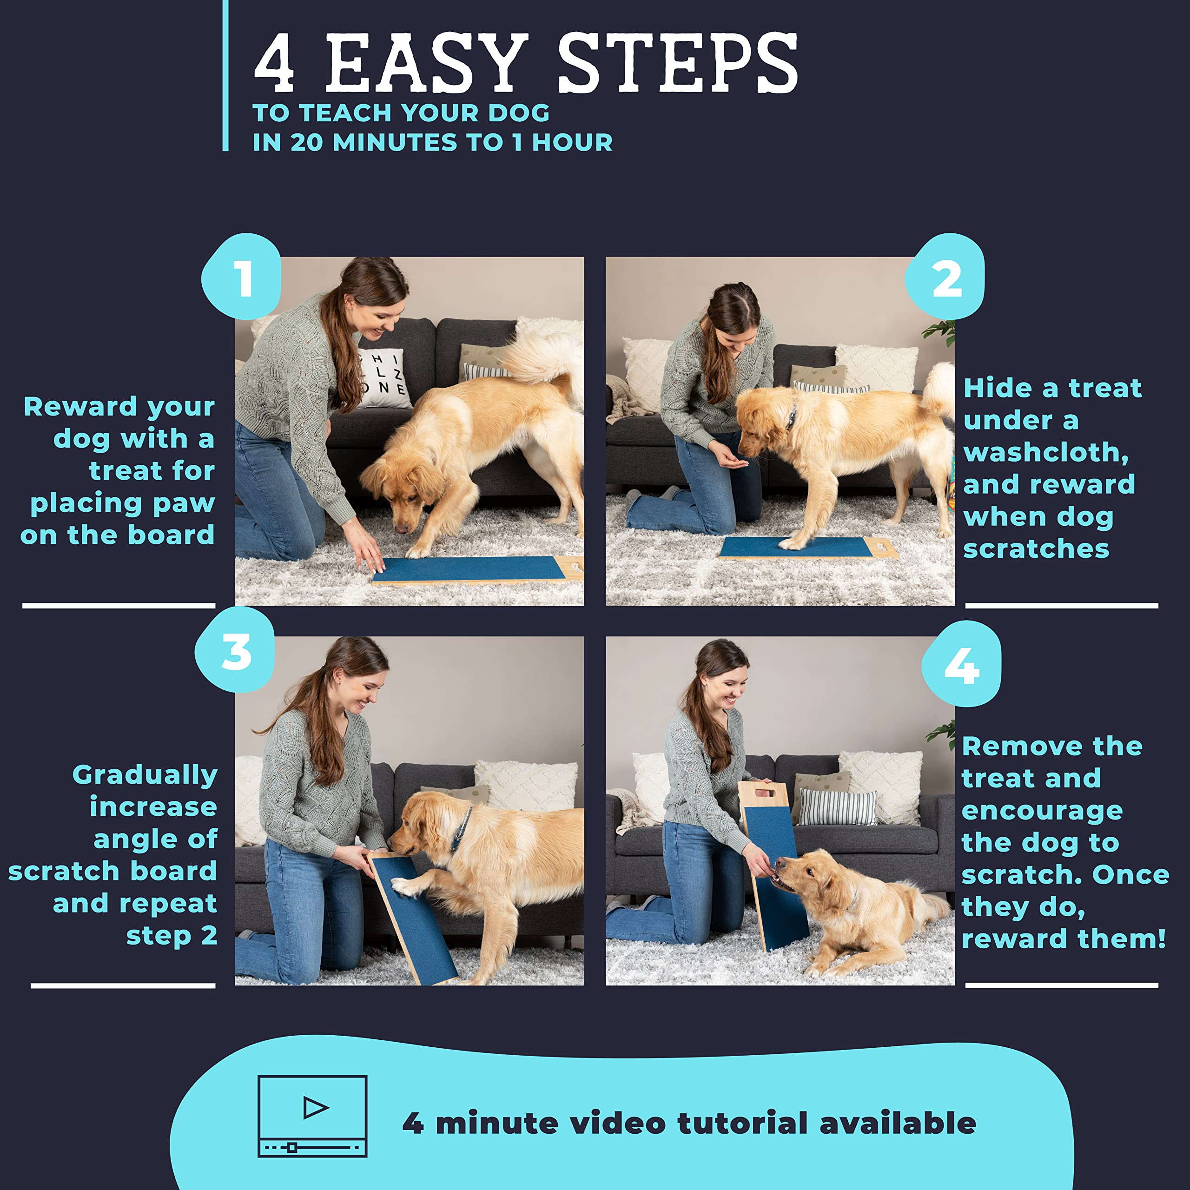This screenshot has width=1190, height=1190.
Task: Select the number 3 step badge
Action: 235,650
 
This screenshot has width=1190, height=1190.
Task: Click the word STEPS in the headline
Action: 678,63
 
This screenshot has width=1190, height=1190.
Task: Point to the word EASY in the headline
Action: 426,63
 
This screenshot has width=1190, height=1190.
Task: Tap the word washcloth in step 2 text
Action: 1046,453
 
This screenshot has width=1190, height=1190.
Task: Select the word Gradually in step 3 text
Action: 145,775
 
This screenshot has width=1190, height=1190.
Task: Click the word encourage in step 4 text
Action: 1042,811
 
